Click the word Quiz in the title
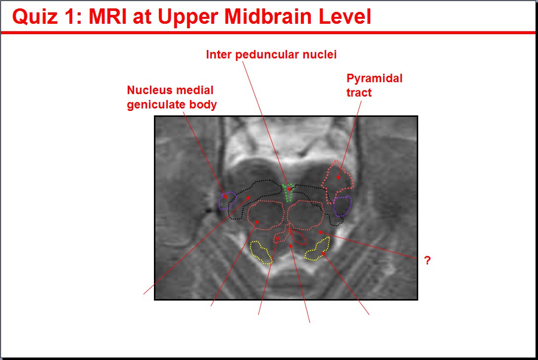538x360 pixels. (x=35, y=16)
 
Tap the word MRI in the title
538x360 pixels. (x=108, y=16)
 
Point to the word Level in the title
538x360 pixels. (x=345, y=16)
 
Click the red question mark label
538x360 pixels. (x=427, y=260)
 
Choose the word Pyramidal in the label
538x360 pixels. (x=374, y=79)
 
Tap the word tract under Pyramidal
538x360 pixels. (x=359, y=93)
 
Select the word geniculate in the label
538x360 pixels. (x=156, y=104)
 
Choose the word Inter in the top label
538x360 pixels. (x=219, y=54)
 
